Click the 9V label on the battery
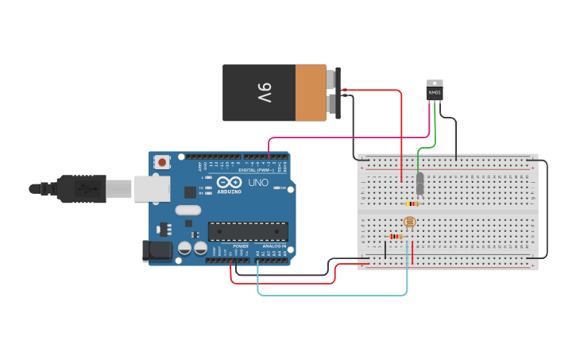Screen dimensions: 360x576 265,93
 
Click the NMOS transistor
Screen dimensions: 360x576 434,91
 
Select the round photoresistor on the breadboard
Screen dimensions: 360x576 409,222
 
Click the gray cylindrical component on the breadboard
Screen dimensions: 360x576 420,184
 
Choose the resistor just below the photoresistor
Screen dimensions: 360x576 395,236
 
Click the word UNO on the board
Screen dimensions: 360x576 258,183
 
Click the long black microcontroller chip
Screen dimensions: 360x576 248,231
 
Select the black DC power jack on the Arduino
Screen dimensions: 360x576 156,250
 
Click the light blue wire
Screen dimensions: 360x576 334,295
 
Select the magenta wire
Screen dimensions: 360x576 350,137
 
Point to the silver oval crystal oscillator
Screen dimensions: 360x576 188,211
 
